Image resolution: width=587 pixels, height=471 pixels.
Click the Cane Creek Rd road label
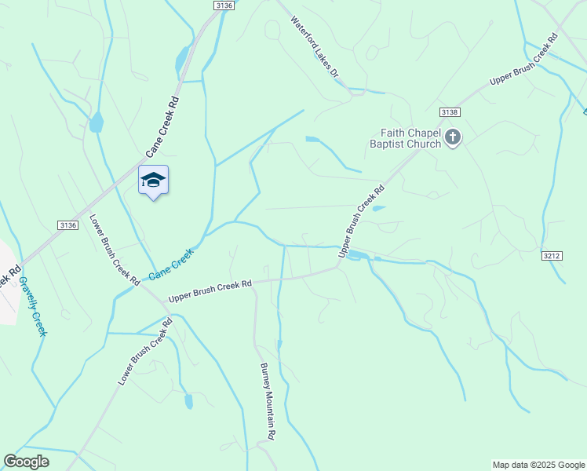(163, 126)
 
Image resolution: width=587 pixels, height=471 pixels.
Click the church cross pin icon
(452, 138)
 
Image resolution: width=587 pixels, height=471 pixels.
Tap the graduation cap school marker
(153, 180)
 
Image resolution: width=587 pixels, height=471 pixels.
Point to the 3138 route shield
(449, 112)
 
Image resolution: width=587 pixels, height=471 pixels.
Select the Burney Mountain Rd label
(268, 400)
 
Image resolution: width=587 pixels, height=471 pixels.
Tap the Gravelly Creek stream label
(32, 306)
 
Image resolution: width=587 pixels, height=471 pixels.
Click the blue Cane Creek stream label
(170, 263)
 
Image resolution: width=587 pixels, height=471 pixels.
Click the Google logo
(26, 462)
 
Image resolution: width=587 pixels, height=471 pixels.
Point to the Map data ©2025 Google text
(538, 465)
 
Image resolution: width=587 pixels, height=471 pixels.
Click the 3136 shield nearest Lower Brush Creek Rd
(67, 225)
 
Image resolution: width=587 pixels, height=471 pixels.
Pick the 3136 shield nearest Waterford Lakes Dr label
(224, 5)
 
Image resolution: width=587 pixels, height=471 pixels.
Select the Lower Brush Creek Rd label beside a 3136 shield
(114, 250)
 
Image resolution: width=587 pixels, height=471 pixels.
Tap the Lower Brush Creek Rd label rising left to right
(145, 351)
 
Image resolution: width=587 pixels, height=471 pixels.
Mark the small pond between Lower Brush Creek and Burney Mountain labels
(188, 401)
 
